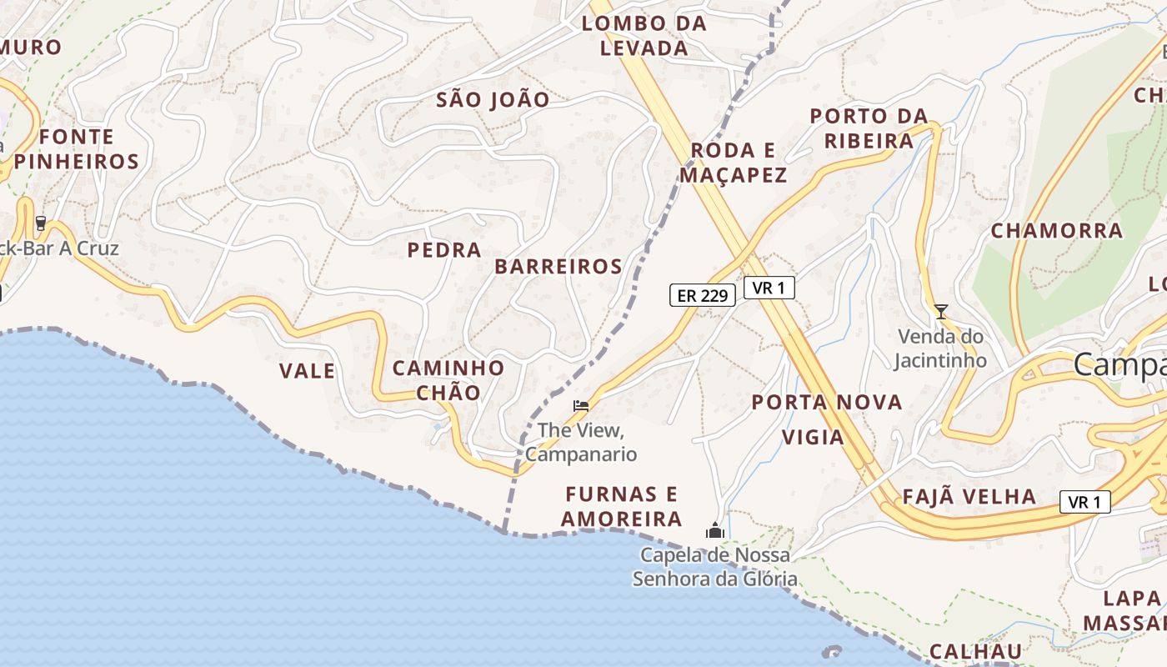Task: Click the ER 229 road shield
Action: [x=702, y=295]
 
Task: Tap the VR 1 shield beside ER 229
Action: [x=769, y=288]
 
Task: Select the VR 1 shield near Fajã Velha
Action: [x=1084, y=502]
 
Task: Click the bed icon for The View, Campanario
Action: [x=581, y=406]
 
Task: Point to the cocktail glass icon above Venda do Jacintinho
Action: [x=941, y=312]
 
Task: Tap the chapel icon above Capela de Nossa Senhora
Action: [x=715, y=530]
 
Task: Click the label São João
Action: [x=493, y=100]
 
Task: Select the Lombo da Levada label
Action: [x=644, y=36]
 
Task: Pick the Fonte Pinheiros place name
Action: [x=76, y=149]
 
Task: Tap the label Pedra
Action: [x=444, y=250]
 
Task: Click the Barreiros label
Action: [x=558, y=267]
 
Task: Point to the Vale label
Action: [x=307, y=371]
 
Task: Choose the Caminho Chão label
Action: [x=448, y=380]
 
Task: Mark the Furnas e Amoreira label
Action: [x=621, y=506]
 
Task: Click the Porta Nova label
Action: [x=827, y=403]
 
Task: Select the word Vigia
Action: [x=813, y=438]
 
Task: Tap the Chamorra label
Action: [x=1057, y=230]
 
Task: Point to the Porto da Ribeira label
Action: [x=869, y=128]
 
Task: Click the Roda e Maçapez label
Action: [x=733, y=163]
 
